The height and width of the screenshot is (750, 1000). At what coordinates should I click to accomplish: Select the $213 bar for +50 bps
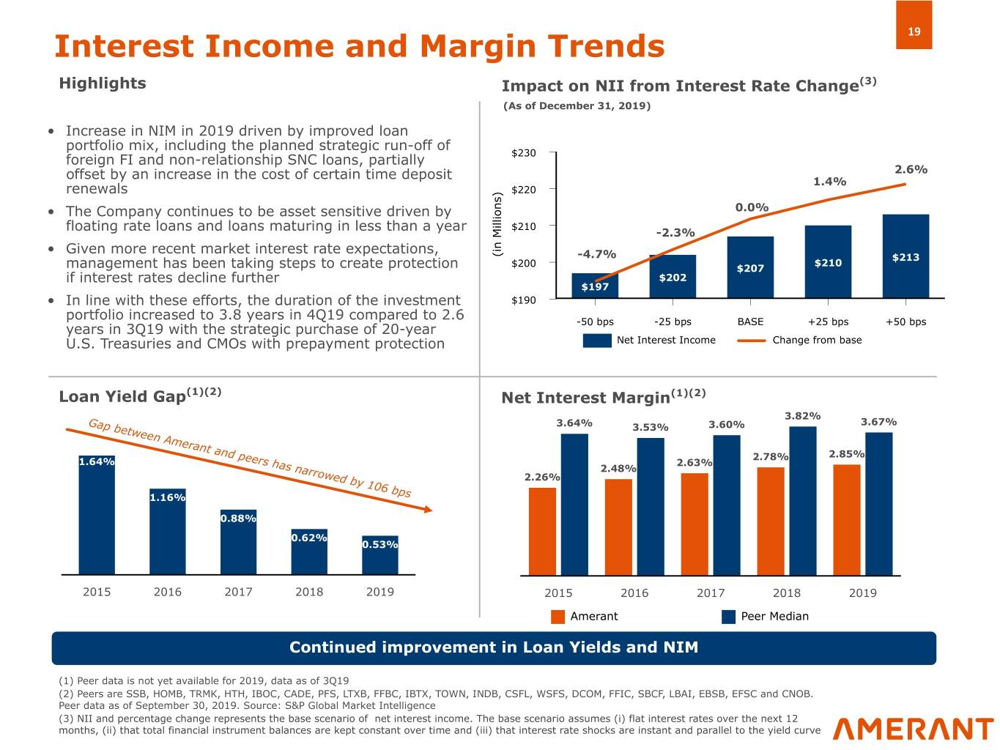click(905, 256)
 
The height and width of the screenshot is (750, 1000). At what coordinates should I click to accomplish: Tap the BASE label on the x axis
click(750, 322)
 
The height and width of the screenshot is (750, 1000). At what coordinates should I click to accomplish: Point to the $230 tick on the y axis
click(523, 153)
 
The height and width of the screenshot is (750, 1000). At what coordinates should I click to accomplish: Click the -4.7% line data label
click(596, 254)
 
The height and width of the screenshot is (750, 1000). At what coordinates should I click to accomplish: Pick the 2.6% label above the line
click(911, 169)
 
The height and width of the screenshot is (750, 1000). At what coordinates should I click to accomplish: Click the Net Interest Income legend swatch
click(597, 340)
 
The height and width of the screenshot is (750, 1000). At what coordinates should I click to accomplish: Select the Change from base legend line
click(751, 340)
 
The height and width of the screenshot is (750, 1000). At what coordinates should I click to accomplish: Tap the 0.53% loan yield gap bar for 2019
click(379, 554)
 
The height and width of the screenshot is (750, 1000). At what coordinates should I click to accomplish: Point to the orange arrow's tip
click(431, 510)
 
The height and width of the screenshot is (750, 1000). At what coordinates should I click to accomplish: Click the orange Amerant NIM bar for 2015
click(542, 531)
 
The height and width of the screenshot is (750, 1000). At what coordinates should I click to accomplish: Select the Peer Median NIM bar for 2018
click(802, 501)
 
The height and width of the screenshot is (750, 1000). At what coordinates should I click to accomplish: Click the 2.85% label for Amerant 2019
click(846, 454)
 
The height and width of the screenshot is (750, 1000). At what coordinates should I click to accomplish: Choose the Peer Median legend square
click(728, 617)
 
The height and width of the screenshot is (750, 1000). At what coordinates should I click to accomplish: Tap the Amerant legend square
click(558, 617)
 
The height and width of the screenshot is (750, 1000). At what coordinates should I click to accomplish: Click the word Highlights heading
click(102, 83)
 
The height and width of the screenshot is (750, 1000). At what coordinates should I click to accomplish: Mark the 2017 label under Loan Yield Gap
click(238, 592)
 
